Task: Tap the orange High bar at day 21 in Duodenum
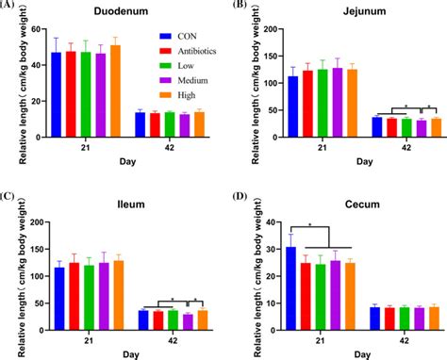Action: click(x=115, y=92)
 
